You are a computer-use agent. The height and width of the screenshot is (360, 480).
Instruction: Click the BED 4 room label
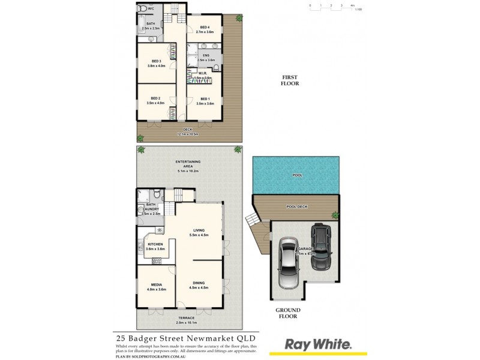pyautogui.click(x=205, y=27)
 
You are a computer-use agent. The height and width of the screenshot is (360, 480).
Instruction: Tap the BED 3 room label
pyautogui.click(x=156, y=62)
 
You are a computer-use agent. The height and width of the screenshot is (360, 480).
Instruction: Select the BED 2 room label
pyautogui.click(x=155, y=98)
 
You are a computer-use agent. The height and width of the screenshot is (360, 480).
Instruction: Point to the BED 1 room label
pyautogui.click(x=205, y=99)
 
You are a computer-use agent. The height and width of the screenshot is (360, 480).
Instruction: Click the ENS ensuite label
pyautogui.click(x=206, y=55)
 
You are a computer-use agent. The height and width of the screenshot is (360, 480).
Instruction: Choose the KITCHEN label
pyautogui.click(x=155, y=244)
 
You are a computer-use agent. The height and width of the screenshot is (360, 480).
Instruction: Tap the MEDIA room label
pyautogui.click(x=155, y=286)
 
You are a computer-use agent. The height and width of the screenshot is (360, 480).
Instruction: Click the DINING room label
pyautogui.click(x=199, y=284)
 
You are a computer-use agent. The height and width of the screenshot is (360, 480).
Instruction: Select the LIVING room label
pyautogui.click(x=199, y=230)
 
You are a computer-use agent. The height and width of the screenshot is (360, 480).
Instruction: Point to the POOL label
pyautogui.click(x=297, y=175)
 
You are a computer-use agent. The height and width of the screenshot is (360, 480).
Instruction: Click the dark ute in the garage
pyautogui.click(x=321, y=246)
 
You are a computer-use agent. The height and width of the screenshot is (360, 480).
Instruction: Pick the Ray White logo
pyautogui.click(x=318, y=344)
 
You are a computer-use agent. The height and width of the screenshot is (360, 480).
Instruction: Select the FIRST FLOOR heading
pyautogui.click(x=290, y=80)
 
